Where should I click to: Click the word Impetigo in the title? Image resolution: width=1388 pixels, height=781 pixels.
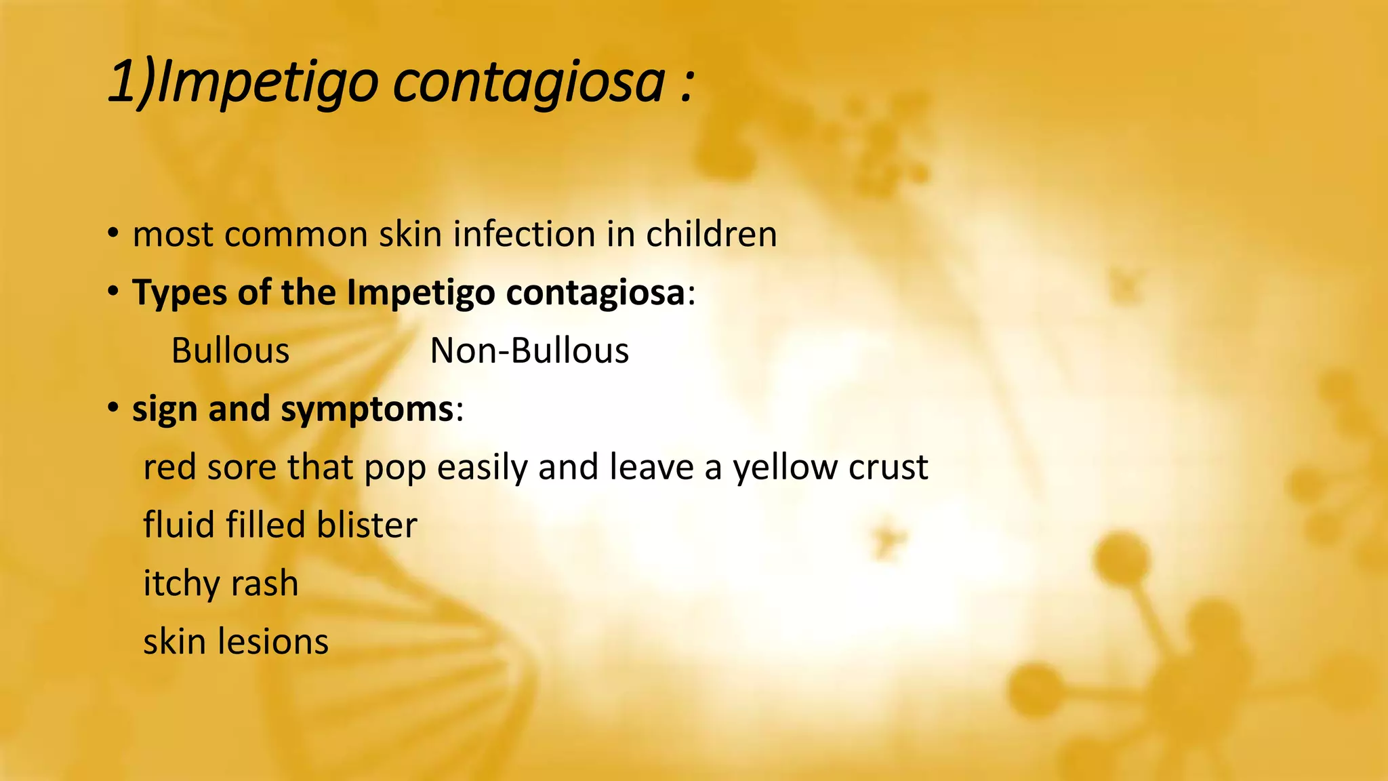click(266, 83)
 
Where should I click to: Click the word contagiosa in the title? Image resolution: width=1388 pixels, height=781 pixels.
click(529, 83)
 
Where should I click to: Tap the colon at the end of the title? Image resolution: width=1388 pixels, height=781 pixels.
click(687, 84)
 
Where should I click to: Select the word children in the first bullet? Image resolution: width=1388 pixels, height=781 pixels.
click(711, 235)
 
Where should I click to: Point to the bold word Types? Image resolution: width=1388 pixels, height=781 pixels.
click(179, 293)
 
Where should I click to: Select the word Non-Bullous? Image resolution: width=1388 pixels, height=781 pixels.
click(529, 351)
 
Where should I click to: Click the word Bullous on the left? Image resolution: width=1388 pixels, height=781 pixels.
click(230, 351)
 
